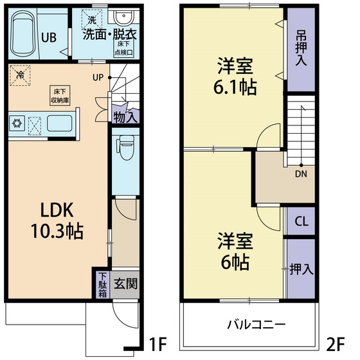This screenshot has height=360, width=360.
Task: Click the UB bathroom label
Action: [x=49, y=37]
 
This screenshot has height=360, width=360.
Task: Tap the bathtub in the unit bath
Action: [x=25, y=35]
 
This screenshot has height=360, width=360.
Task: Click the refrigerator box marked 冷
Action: [x=19, y=76]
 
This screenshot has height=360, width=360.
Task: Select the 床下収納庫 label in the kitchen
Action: [x=59, y=96]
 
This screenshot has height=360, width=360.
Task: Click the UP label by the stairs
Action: [x=98, y=78]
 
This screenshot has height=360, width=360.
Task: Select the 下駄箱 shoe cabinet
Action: [x=102, y=284]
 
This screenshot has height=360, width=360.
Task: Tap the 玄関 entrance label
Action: [x=125, y=283]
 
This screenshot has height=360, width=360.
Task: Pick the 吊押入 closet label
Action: [x=301, y=48]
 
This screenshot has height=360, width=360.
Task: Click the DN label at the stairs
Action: [x=300, y=173]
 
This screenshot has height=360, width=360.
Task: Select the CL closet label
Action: [x=300, y=222]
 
